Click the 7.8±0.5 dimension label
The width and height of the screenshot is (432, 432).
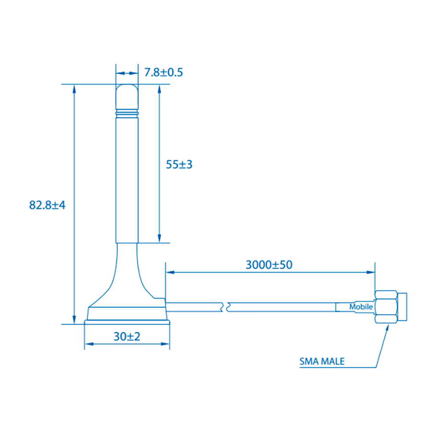[163, 72]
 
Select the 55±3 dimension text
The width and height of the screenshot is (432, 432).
[179, 165]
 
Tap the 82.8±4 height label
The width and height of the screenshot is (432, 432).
[47, 205]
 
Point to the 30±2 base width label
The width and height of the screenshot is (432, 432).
[127, 336]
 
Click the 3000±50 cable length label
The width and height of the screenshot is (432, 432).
[269, 265]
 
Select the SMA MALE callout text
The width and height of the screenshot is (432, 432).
[322, 361]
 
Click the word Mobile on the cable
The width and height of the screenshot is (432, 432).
[361, 307]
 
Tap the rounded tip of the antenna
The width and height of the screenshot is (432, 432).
[127, 96]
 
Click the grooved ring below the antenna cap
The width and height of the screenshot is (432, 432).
[127, 113]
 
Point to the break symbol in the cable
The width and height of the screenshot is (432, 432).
[226, 307]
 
